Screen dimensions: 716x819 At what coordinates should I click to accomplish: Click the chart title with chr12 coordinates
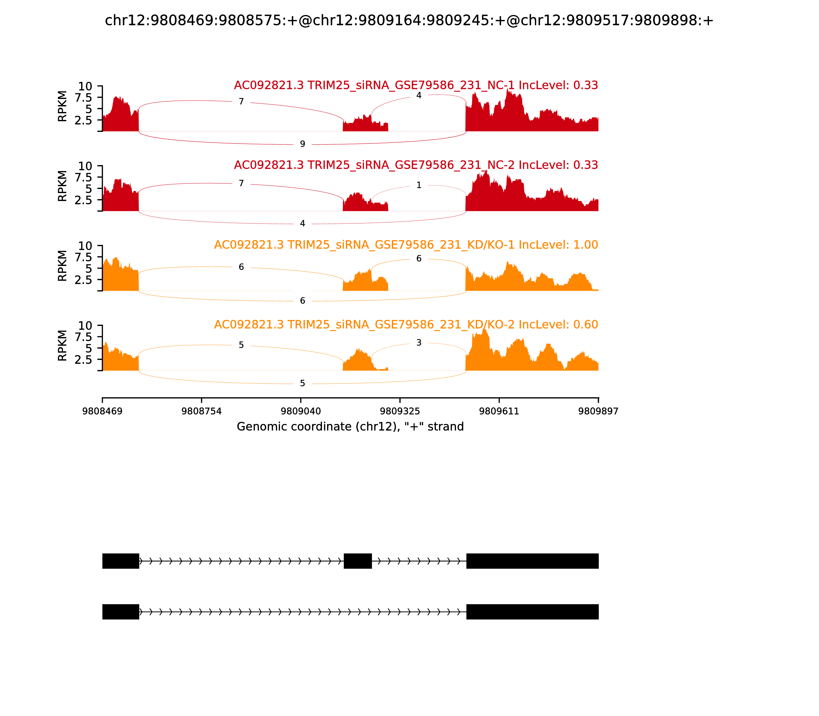[409, 20]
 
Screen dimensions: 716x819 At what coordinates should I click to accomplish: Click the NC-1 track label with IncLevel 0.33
[416, 85]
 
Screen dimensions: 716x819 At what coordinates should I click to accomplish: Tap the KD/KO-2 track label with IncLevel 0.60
[406, 325]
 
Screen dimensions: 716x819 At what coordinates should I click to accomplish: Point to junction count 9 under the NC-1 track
[302, 144]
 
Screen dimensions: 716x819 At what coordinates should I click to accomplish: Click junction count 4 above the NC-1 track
[419, 95]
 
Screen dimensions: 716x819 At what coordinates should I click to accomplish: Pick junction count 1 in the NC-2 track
[419, 185]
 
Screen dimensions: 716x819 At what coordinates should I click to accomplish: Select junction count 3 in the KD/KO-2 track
[419, 343]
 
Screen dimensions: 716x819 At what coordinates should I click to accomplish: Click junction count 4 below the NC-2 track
[302, 223]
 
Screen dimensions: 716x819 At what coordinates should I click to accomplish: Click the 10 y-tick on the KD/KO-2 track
[85, 326]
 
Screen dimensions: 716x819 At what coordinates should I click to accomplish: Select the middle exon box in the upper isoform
[358, 561]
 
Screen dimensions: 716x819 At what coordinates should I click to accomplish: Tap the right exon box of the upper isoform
[532, 561]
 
